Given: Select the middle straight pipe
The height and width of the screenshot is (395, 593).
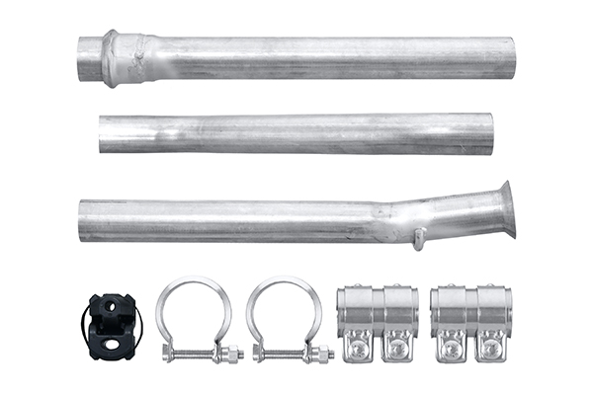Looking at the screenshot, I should click(x=296, y=133).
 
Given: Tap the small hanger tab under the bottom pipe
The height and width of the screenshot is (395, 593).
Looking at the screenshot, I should click(x=420, y=238).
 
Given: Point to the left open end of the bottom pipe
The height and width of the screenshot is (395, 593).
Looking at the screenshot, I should click(x=83, y=221).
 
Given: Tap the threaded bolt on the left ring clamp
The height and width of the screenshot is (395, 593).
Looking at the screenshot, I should click(x=198, y=353).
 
